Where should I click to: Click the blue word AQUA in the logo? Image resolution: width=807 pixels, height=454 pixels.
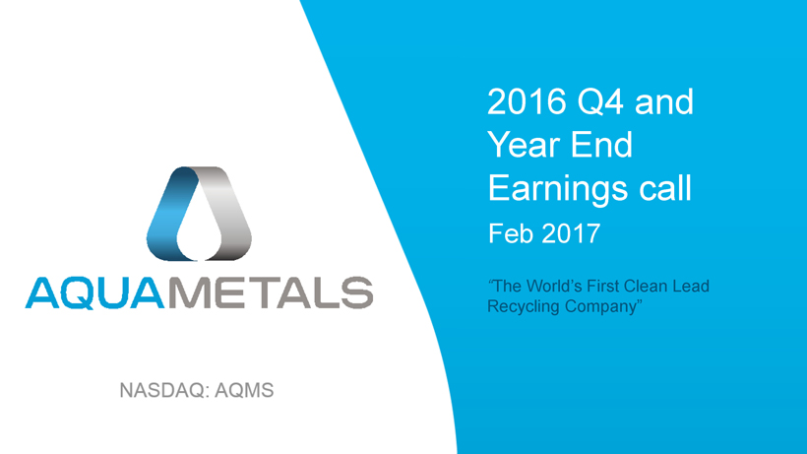(x=95, y=292)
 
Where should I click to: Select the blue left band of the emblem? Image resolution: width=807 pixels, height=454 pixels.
(x=172, y=213)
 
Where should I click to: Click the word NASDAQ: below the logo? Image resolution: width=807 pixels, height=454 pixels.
(x=162, y=391)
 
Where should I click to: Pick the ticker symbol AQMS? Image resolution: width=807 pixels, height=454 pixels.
(x=244, y=391)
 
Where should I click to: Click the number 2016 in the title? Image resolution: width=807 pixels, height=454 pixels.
(x=527, y=101)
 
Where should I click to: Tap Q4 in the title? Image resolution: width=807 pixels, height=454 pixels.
(x=600, y=101)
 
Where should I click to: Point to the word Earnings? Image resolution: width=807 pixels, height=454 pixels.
(x=558, y=189)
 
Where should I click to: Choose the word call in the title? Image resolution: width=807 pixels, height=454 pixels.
(x=665, y=187)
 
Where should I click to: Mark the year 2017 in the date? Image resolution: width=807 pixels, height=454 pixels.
(x=571, y=233)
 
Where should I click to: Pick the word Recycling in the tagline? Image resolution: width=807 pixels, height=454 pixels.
(x=523, y=307)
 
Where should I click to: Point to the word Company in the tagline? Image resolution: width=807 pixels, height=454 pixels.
(x=600, y=307)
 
